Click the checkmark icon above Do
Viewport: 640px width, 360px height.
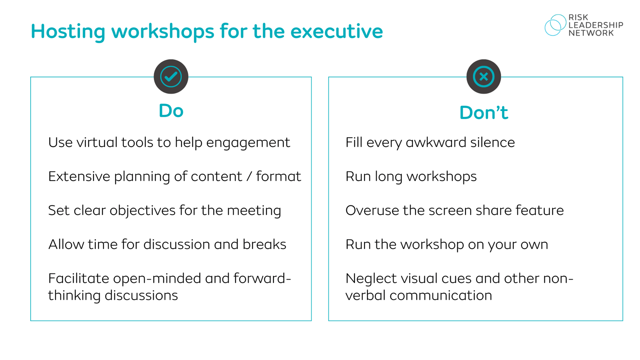[x=171, y=77]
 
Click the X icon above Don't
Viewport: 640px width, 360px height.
[x=483, y=77]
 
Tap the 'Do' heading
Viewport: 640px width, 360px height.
[x=171, y=111]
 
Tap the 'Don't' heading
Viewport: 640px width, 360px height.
[x=483, y=113]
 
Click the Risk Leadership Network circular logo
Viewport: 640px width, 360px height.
[x=555, y=25]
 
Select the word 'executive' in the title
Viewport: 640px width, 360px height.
[x=336, y=31]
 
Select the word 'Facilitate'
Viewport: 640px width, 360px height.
[x=78, y=278]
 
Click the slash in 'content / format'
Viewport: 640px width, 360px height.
[x=249, y=177]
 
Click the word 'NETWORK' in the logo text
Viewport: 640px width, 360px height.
[x=591, y=33]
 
